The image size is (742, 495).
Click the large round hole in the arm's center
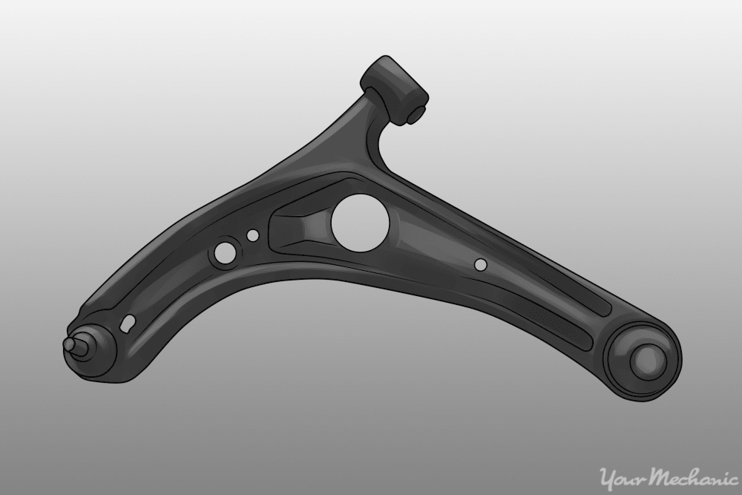click(360, 220)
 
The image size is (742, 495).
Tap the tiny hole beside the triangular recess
click(253, 235)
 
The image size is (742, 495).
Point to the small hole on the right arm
click(480, 264)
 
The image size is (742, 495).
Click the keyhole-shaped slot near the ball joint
click(128, 323)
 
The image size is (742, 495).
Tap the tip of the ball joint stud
click(69, 344)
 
